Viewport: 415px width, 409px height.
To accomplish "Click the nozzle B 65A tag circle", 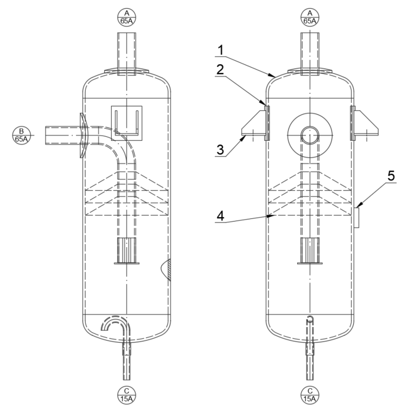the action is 22,135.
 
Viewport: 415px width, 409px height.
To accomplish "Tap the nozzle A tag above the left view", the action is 126,17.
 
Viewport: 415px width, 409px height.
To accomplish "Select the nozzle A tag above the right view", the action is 310,17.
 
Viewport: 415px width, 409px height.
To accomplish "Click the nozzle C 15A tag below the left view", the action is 126,395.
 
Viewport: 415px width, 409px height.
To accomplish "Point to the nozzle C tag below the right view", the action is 310,395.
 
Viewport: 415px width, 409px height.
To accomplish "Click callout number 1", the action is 220,50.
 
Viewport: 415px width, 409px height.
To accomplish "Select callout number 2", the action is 220,70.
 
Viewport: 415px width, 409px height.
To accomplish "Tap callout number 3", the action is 220,150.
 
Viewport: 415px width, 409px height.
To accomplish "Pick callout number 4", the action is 220,216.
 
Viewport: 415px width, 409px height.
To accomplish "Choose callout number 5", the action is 391,176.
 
